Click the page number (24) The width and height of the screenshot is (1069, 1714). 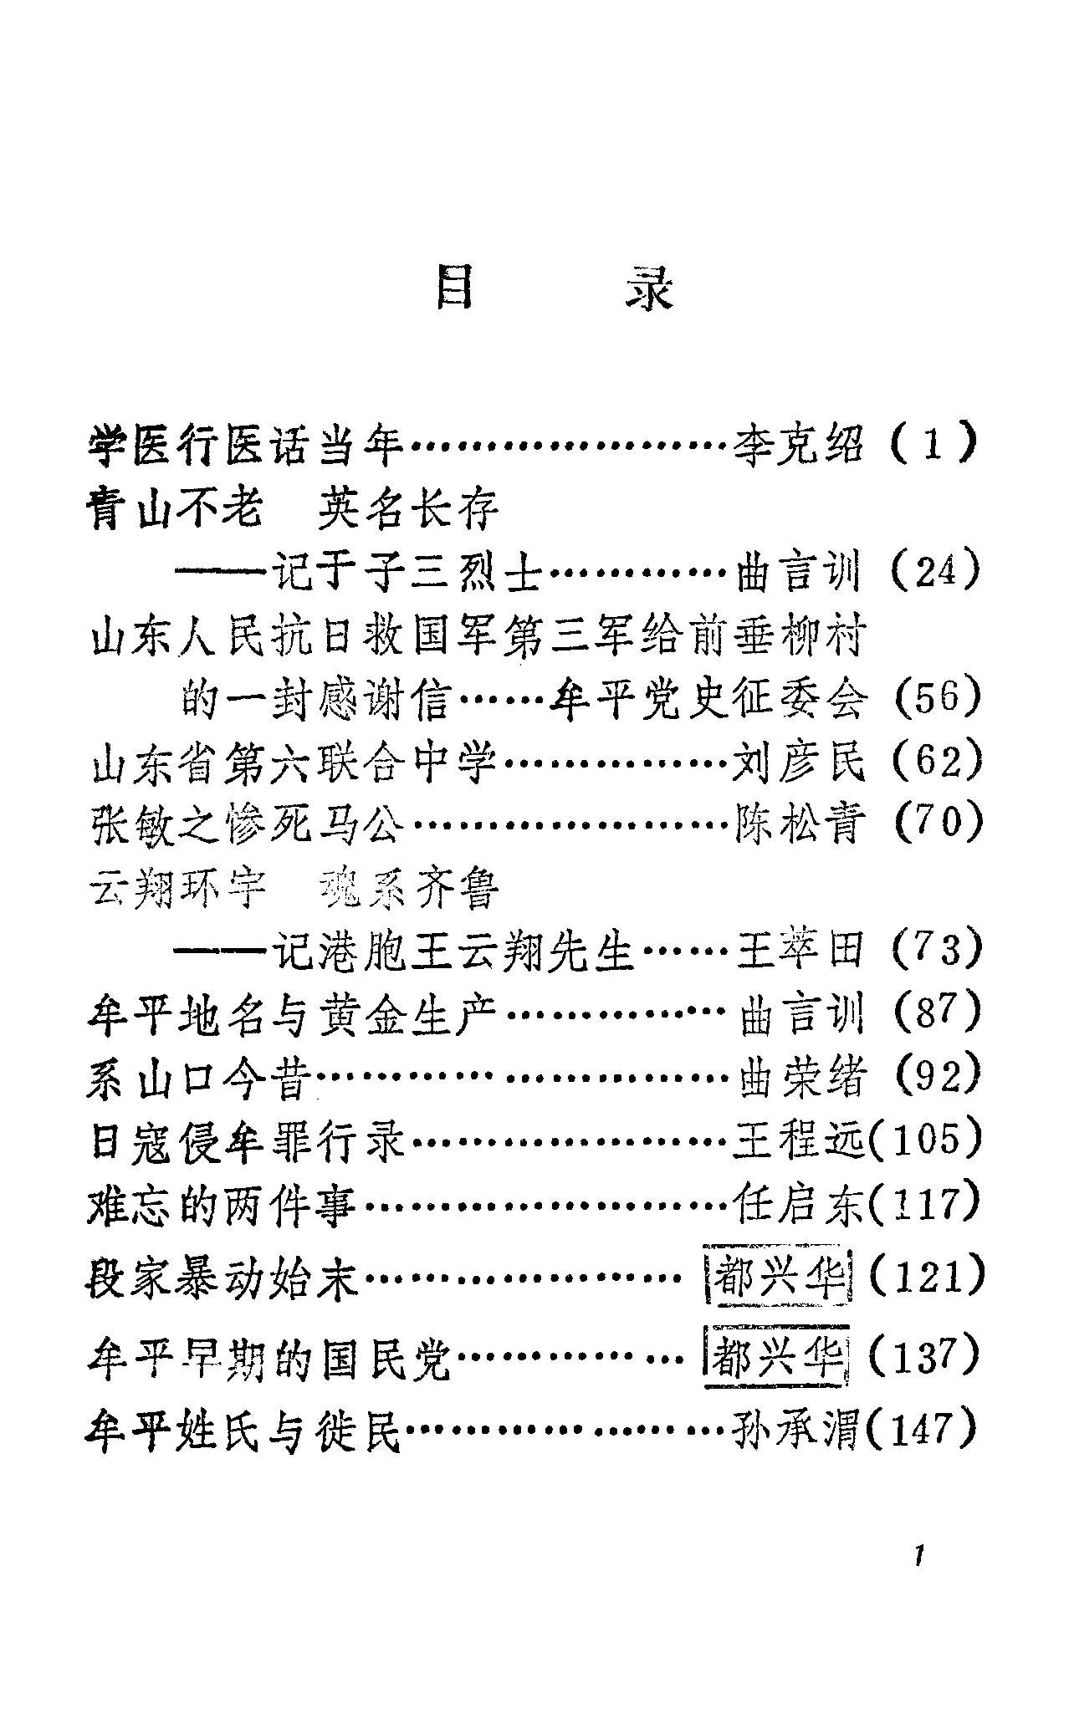tap(934, 573)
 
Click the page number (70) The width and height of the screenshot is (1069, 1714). tap(936, 826)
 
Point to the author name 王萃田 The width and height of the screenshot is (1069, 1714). tap(799, 951)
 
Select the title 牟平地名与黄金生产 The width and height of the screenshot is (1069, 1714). tap(293, 1015)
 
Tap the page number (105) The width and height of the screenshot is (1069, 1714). tap(925, 1140)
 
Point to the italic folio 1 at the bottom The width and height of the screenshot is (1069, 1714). tap(919, 1557)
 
